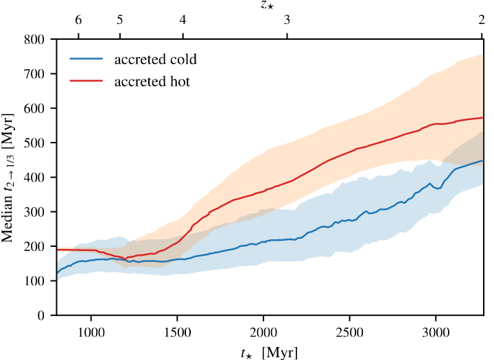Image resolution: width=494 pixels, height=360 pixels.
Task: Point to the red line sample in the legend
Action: point(86,82)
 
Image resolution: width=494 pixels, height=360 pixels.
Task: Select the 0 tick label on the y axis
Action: point(43,315)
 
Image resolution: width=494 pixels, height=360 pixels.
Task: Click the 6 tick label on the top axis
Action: point(78,21)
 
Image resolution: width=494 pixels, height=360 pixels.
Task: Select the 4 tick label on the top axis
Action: point(183,21)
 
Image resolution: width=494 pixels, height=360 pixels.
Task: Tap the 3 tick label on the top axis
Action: point(287,21)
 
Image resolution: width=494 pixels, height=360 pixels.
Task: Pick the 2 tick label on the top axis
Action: point(482,21)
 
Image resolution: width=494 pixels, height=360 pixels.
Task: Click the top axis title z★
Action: point(268,5)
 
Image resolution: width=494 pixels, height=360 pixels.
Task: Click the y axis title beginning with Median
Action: point(11,177)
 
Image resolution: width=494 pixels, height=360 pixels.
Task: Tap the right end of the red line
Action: point(484,118)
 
